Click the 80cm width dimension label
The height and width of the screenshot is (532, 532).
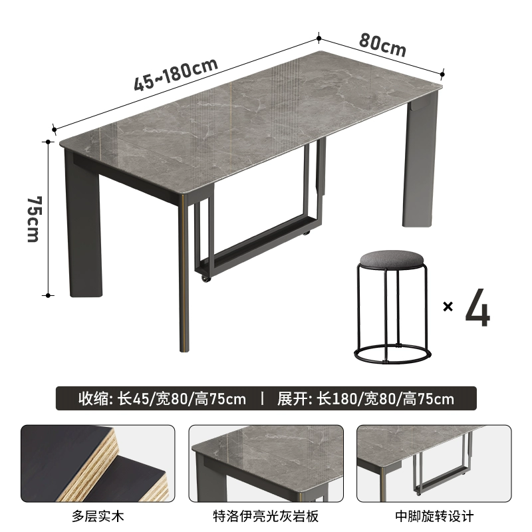point(382,45)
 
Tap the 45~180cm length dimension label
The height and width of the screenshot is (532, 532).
point(176,74)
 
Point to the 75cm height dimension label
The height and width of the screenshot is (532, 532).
point(34,219)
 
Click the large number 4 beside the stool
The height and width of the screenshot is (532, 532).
point(477,307)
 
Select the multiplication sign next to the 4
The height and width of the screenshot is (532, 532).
point(448,307)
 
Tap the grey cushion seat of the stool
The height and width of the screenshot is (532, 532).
point(392,259)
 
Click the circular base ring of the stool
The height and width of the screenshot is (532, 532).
point(392,354)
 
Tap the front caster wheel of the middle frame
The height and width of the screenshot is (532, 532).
point(205,279)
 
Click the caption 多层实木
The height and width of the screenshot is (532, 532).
point(98,517)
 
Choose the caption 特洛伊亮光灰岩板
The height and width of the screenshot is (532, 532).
point(265,517)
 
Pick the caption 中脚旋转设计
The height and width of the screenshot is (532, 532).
point(434,517)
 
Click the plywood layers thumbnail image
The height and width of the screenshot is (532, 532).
point(98,464)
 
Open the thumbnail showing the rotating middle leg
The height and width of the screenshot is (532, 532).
point(434,464)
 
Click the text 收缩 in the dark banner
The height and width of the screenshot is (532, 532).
point(92,398)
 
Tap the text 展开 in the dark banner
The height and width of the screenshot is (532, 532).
point(291,398)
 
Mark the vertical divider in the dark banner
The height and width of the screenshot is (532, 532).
point(262,398)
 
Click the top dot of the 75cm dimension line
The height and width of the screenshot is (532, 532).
point(48,142)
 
